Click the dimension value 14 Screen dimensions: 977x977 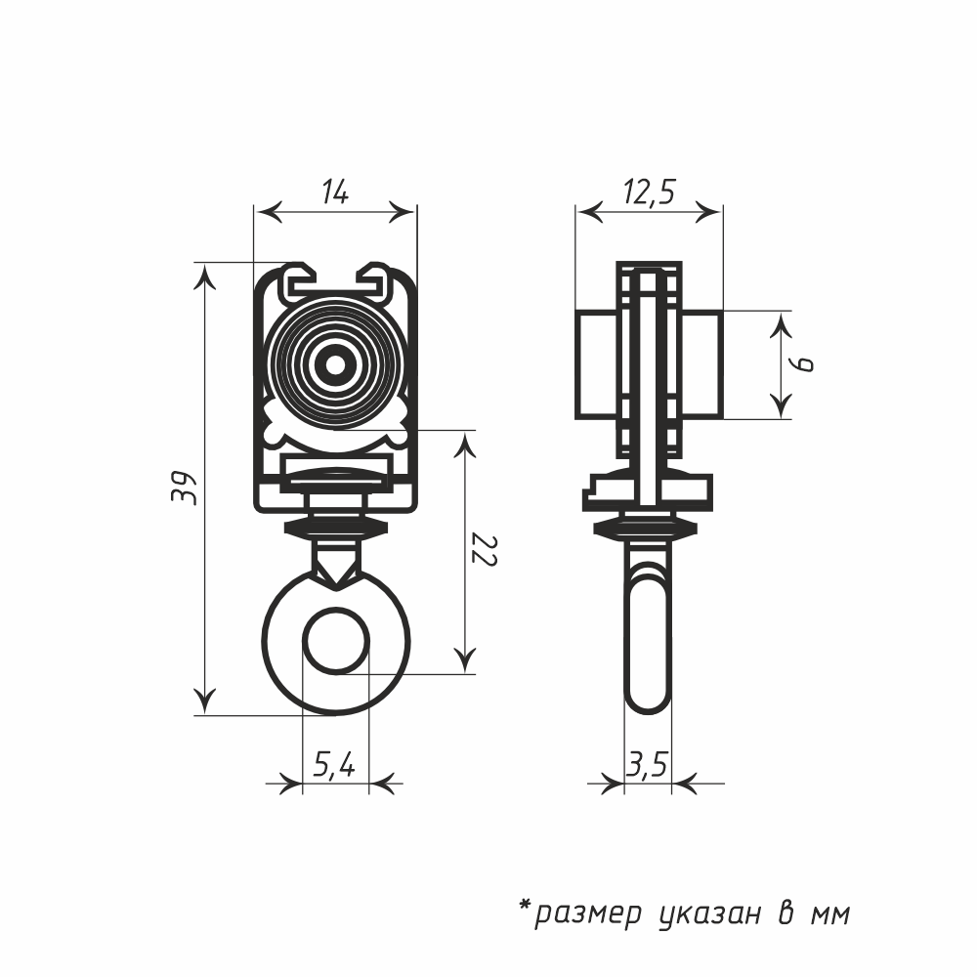(335, 191)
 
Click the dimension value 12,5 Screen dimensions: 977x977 (649, 191)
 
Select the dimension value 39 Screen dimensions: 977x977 (185, 488)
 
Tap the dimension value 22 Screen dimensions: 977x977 (485, 549)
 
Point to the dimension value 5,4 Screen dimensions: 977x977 (333, 764)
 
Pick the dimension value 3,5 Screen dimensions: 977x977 (648, 764)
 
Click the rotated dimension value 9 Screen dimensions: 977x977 (805, 363)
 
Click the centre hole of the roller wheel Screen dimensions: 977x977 (335, 366)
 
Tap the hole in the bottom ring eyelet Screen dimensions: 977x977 (336, 641)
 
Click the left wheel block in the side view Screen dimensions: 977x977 (596, 364)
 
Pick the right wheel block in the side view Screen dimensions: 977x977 (701, 364)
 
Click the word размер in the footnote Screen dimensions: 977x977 (587, 914)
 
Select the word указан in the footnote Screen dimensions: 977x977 (709, 914)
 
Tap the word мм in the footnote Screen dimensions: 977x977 (829, 915)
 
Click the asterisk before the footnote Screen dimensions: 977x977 (526, 905)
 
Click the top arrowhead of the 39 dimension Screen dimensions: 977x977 (205, 276)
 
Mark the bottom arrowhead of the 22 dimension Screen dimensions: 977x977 (464, 660)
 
